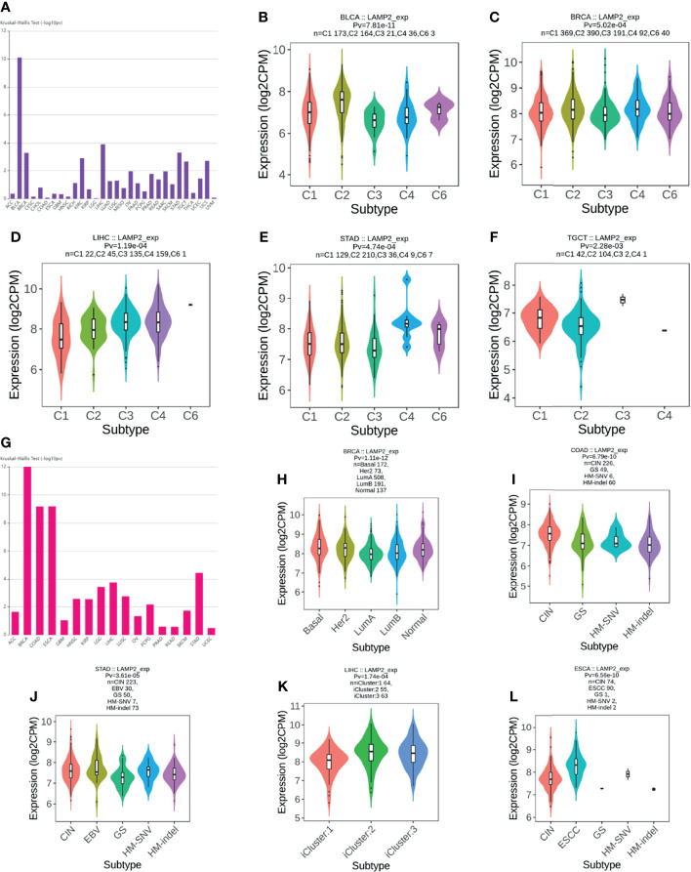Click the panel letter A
coord(10,9)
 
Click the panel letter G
coord(10,444)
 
